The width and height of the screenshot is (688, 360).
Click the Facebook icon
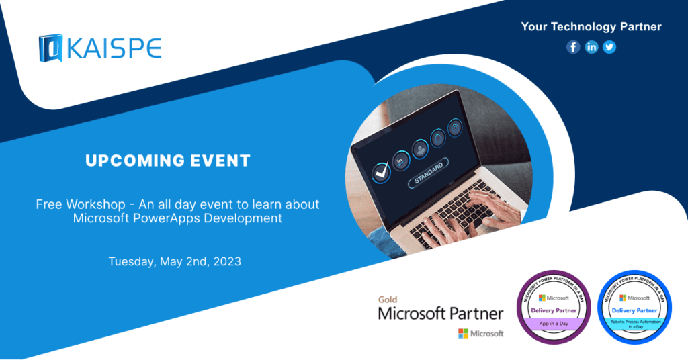(x=573, y=47)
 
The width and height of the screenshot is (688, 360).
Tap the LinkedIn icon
(x=591, y=47)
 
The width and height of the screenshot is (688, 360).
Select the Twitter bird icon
(x=609, y=47)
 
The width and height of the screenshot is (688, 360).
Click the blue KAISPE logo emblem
(x=50, y=48)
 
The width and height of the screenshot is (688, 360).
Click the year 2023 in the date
(x=226, y=261)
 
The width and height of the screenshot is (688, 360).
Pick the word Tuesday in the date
(x=132, y=261)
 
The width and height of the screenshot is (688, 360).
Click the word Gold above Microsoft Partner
(x=388, y=300)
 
